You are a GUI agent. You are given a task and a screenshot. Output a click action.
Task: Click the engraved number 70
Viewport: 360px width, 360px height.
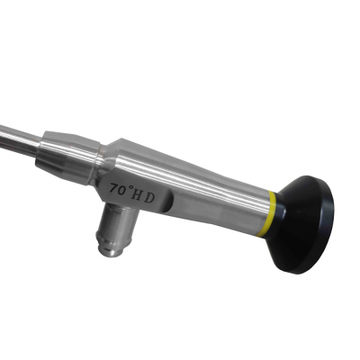118,190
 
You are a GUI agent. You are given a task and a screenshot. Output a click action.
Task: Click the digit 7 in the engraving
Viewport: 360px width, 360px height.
112,190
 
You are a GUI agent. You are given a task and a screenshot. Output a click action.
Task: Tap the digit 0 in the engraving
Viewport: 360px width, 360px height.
121,190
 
